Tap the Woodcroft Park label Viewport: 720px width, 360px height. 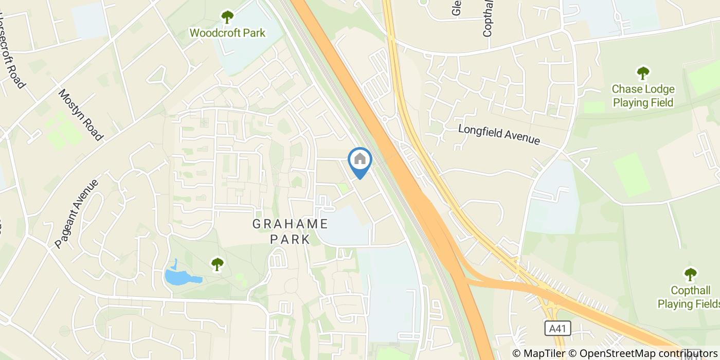coord(227,33)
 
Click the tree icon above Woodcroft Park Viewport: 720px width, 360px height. coord(227,17)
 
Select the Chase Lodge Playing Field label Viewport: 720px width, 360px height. coord(642,96)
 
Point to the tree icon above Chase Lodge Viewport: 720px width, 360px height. coord(642,73)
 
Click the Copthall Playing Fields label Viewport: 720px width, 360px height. coord(688,297)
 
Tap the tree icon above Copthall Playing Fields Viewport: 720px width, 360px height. coord(690,274)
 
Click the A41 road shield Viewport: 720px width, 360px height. coord(553,328)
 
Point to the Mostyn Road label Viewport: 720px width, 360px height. coord(80,115)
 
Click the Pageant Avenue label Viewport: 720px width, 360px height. coord(77,214)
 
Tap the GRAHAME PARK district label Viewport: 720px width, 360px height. coord(291,231)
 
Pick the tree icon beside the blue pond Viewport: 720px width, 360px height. coord(218,264)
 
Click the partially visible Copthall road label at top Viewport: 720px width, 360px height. coord(488,18)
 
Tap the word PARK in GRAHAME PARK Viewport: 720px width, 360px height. coord(291,240)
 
